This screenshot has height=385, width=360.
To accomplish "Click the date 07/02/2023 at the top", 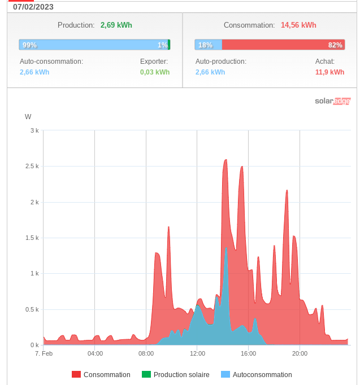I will (x=33, y=7).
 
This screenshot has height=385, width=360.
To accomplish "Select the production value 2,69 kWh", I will (x=116, y=25).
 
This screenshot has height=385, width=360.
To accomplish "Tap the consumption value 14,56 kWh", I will (x=298, y=25).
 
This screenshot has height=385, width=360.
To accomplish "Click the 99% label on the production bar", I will (x=29, y=45).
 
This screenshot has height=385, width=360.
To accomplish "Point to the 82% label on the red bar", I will (x=335, y=45).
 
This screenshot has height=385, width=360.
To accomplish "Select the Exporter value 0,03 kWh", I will (x=155, y=72).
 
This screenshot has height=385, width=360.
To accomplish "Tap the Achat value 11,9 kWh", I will (x=329, y=72).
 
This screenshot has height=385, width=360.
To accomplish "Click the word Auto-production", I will (x=221, y=61).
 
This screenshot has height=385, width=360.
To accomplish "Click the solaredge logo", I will (x=332, y=101).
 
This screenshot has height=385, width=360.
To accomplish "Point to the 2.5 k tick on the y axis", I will (x=33, y=166).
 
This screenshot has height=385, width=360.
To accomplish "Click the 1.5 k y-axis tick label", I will (x=33, y=238).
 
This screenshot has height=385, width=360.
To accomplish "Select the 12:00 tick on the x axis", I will (x=197, y=354).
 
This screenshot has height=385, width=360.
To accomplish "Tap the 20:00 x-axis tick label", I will (x=300, y=354).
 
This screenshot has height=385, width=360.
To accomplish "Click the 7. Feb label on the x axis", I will (x=44, y=354).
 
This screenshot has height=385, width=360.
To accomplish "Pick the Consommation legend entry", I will (x=107, y=375).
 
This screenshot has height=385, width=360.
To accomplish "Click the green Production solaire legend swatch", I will (x=146, y=375).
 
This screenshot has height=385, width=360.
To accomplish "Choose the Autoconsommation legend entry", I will (x=262, y=375).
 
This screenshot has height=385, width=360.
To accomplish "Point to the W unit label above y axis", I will (x=28, y=117).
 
